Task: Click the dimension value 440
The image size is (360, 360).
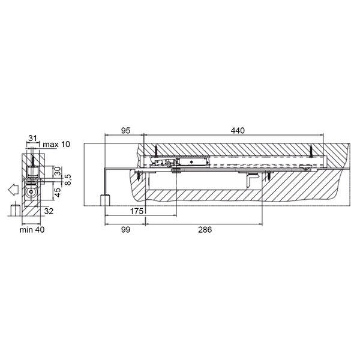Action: click(x=238, y=130)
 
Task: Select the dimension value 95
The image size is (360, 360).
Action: click(x=125, y=130)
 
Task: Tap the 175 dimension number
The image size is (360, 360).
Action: click(x=137, y=211)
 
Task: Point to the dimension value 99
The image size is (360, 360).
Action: click(x=125, y=229)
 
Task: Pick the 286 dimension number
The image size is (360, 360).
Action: click(x=205, y=229)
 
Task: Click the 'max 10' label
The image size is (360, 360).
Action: click(x=56, y=145)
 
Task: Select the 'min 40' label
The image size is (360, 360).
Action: click(x=32, y=230)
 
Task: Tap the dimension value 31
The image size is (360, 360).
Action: click(x=32, y=138)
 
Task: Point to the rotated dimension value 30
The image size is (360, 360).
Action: click(x=58, y=171)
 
